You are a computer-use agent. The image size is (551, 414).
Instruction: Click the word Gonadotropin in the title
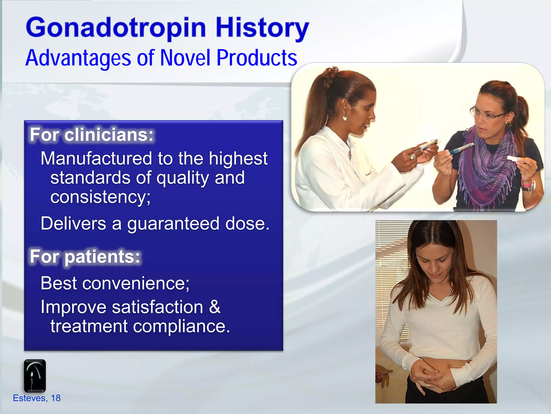click(116, 28)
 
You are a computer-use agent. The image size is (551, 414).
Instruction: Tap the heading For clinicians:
click(91, 134)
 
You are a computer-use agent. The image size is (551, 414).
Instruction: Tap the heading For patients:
click(85, 256)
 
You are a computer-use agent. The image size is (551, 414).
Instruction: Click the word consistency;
click(100, 197)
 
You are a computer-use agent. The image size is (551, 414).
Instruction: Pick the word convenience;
click(136, 283)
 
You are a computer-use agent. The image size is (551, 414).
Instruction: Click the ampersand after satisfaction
click(214, 307)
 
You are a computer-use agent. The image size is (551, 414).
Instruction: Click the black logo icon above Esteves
click(35, 375)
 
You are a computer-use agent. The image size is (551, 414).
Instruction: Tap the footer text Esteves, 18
click(37, 398)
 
